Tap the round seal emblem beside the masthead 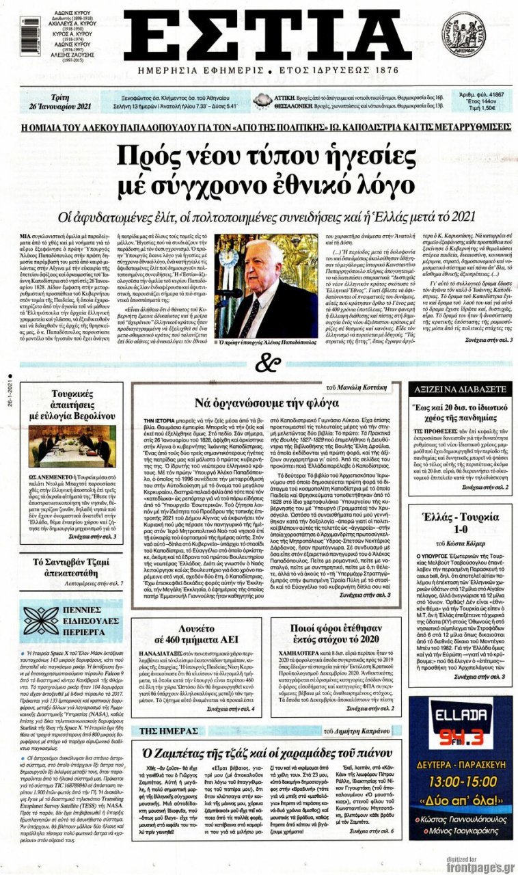463,34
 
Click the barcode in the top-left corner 31,36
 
